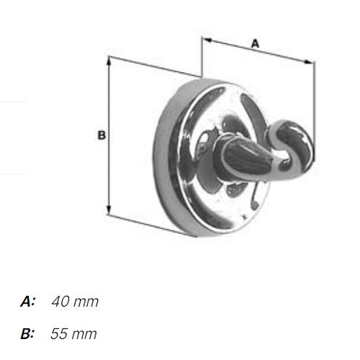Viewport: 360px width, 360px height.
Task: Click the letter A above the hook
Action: [x=254, y=44]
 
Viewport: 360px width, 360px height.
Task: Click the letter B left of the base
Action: [x=102, y=135]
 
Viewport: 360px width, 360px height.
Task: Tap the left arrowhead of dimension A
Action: [x=205, y=37]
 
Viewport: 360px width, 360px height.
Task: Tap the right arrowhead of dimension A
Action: [x=310, y=63]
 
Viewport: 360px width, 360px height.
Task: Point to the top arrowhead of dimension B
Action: [x=108, y=59]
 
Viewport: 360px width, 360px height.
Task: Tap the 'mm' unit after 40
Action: [x=86, y=302]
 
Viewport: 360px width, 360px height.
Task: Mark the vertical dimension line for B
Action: [x=108, y=137]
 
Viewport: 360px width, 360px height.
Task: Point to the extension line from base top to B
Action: [x=151, y=65]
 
